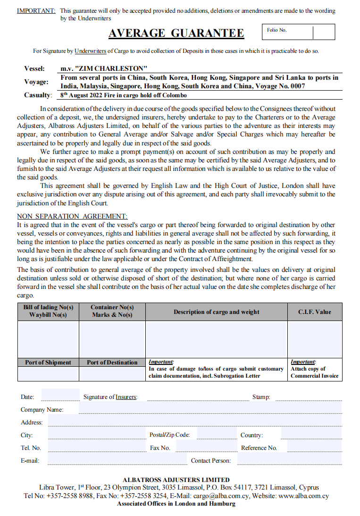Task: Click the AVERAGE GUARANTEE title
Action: coord(176,33)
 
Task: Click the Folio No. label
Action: coord(276,30)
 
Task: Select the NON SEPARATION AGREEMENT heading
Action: coord(72,216)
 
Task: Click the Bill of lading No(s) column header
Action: coord(48,311)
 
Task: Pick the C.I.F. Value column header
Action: coord(314,312)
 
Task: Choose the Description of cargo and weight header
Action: coord(216,312)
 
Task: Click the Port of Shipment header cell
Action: coord(48,363)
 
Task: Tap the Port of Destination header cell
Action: coord(112,363)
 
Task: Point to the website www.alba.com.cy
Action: coord(303,496)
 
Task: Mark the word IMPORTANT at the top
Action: coord(36,10)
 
